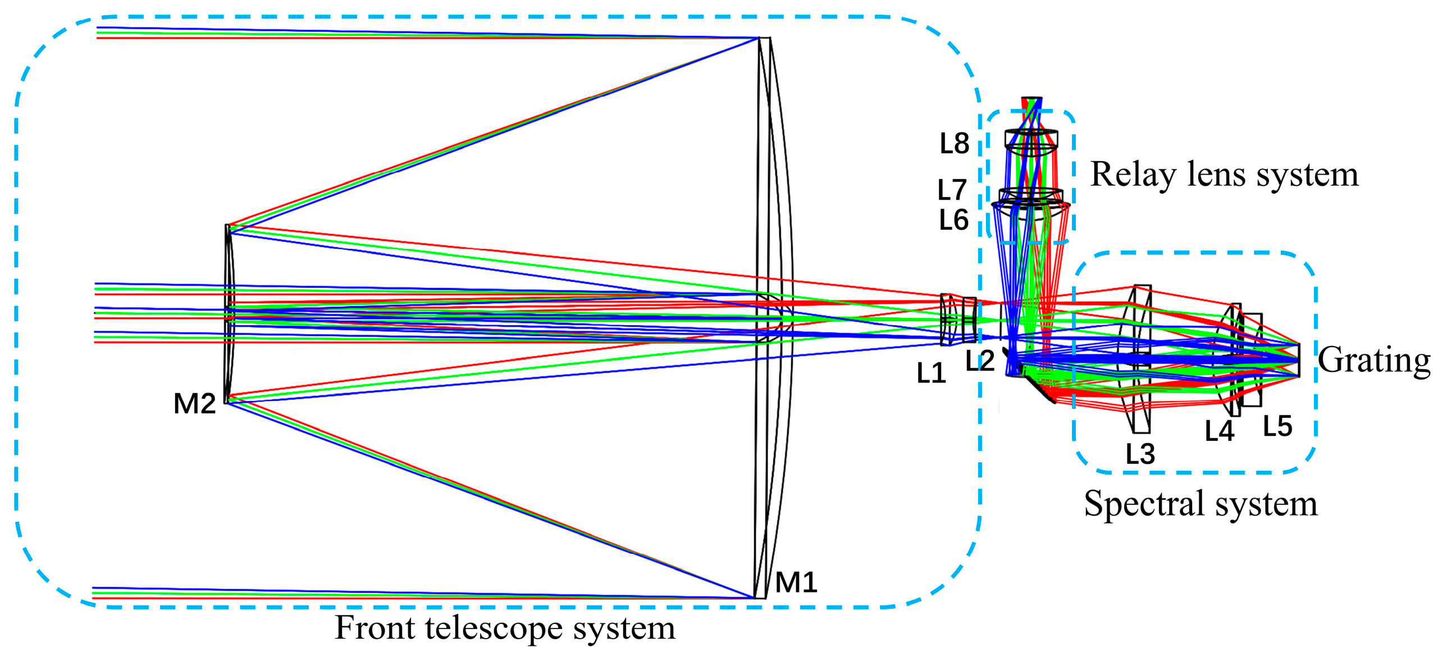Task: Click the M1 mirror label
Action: (796, 582)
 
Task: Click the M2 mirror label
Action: (194, 403)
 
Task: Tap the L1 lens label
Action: (931, 373)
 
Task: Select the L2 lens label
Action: (980, 361)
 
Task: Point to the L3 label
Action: (1140, 454)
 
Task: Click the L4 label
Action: (1219, 431)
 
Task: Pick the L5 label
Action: (1277, 426)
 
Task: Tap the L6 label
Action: (953, 220)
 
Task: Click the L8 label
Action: (954, 144)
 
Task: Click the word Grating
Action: (1374, 360)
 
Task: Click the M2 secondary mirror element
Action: (228, 315)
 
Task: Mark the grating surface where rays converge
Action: (1298, 360)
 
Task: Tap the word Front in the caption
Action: (375, 627)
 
